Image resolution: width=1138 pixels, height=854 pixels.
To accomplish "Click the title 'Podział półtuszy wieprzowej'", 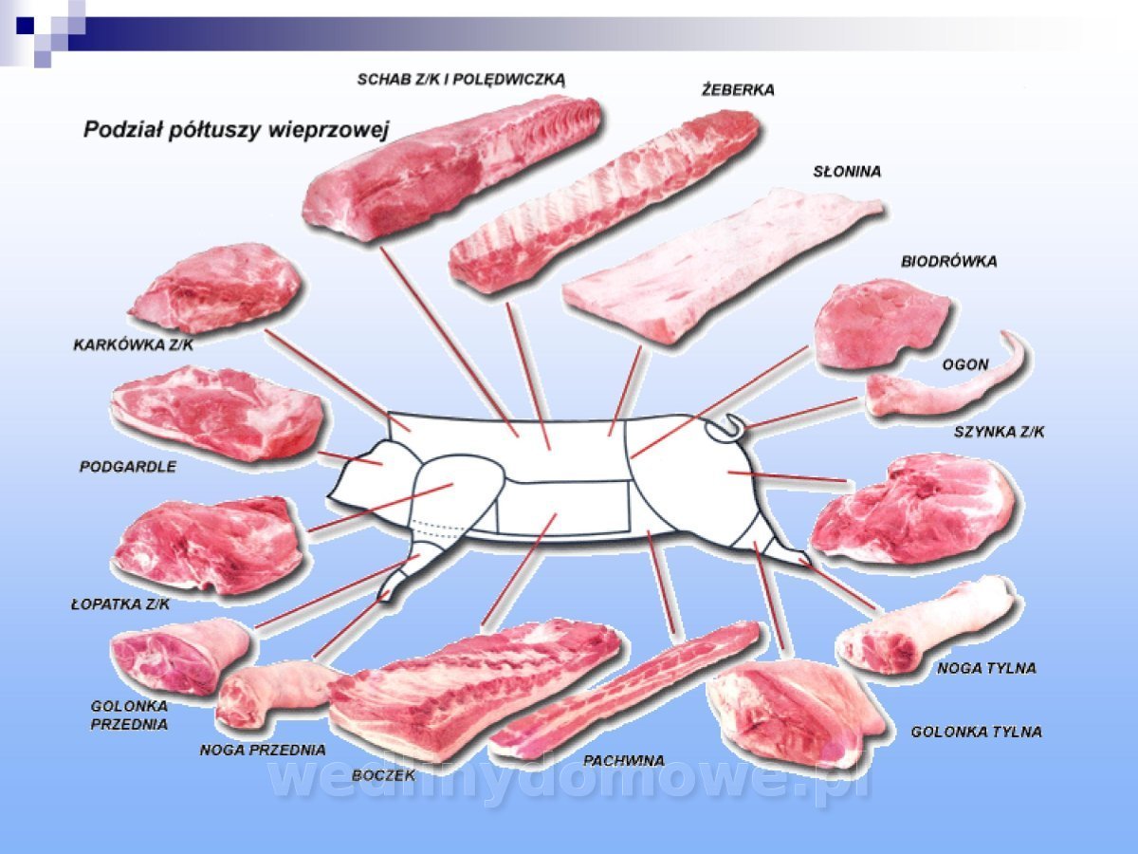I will coord(236,129).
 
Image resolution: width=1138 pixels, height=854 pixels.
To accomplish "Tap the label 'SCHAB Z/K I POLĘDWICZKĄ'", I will coord(461,79).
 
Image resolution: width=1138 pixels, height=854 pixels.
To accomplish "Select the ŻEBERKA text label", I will coord(738,90).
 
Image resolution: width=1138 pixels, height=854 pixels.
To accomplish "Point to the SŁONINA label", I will coord(847,172).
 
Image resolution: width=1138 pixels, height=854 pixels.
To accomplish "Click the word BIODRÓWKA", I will coord(948,261).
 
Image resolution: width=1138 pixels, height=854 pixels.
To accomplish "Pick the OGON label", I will coord(965,364).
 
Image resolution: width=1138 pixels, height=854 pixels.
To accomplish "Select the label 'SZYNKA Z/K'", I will coord(999,433).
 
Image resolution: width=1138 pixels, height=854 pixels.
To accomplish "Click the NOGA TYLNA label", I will coord(986,668).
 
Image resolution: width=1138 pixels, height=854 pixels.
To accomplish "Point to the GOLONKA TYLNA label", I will coord(976,732).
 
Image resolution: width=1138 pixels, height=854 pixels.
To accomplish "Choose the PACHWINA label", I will coord(623,760).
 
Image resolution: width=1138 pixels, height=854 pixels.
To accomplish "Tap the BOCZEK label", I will coord(383,775).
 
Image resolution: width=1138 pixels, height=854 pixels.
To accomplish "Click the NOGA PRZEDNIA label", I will coord(263,750).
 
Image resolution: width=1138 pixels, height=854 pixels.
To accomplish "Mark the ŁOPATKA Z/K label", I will coord(120,603).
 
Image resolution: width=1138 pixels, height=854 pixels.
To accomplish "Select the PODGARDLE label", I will coord(128,467).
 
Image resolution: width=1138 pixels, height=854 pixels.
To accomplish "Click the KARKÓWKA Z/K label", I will coord(133,345).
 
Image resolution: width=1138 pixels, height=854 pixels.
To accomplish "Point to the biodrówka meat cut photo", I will coord(880,323).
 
